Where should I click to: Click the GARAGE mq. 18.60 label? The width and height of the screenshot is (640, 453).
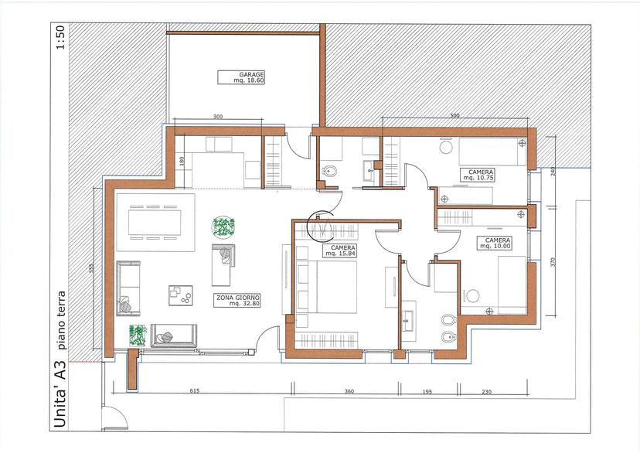241,77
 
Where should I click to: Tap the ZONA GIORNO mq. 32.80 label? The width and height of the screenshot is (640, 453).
237,301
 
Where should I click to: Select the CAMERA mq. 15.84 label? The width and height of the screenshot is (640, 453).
339,250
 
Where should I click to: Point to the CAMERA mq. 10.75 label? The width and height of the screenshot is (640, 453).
478,175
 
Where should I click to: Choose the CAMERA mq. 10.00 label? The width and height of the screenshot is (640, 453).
494,244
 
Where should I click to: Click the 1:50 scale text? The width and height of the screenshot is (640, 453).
60,38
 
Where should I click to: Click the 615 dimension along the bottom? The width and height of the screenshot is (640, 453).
195,390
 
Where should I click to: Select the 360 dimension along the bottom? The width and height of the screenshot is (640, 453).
349,391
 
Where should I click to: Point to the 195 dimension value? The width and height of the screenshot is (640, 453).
427,392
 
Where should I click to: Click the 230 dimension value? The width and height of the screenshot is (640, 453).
486,392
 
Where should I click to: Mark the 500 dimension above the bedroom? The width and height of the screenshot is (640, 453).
454,115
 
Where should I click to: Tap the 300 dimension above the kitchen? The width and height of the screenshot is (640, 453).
218,117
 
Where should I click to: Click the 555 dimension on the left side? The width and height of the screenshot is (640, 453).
91,267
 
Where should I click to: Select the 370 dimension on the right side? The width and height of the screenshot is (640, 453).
553,262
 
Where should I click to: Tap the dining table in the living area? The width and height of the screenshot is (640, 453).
155,223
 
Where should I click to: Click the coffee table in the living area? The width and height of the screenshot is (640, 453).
180,295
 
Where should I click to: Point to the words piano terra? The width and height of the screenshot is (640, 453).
61,320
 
